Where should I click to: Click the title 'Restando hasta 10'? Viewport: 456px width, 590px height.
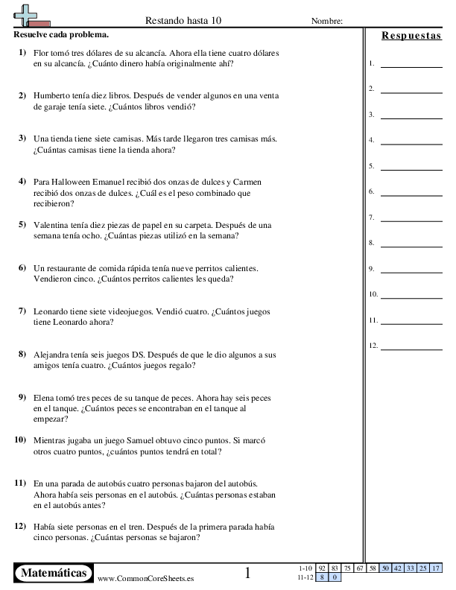click(x=189, y=21)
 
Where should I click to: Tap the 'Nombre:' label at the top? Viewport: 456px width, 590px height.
click(x=326, y=21)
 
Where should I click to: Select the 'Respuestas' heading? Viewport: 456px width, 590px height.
click(x=411, y=35)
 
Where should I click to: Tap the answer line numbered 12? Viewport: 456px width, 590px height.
click(x=411, y=346)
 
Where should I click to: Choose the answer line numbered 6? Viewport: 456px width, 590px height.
click(x=411, y=192)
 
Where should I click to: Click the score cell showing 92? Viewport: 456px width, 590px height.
click(x=322, y=568)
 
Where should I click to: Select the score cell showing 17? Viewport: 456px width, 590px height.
click(x=436, y=568)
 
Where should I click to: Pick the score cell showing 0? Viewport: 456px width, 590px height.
click(x=335, y=577)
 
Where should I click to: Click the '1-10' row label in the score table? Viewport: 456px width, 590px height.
click(x=305, y=568)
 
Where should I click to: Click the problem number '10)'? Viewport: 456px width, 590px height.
click(x=21, y=440)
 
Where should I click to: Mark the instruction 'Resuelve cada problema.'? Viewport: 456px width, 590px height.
click(x=61, y=34)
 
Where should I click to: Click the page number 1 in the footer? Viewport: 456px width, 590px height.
click(x=248, y=573)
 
